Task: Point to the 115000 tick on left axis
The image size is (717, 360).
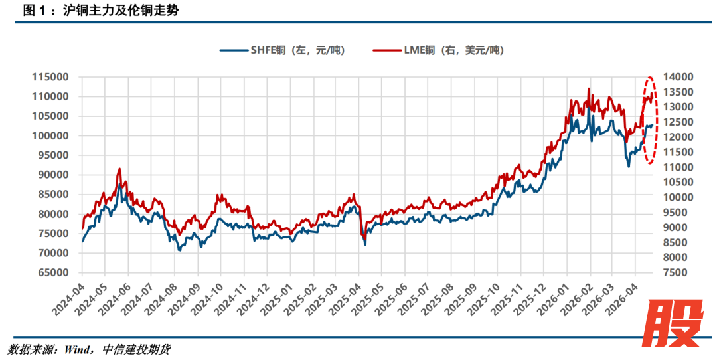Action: [x=50, y=77]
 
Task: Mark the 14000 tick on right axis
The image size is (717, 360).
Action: [x=682, y=77]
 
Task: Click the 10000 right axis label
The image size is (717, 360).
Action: [x=682, y=197]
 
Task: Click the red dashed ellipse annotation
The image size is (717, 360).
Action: [x=650, y=120]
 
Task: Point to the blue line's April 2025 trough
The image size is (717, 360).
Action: [x=365, y=244]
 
